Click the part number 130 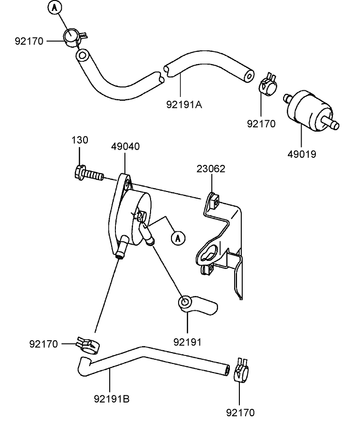coord(80,141)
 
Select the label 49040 coord(125,146)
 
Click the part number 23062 coord(211,169)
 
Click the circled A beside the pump coord(178,238)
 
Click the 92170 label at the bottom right coord(240,412)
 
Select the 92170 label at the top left coord(29,41)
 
